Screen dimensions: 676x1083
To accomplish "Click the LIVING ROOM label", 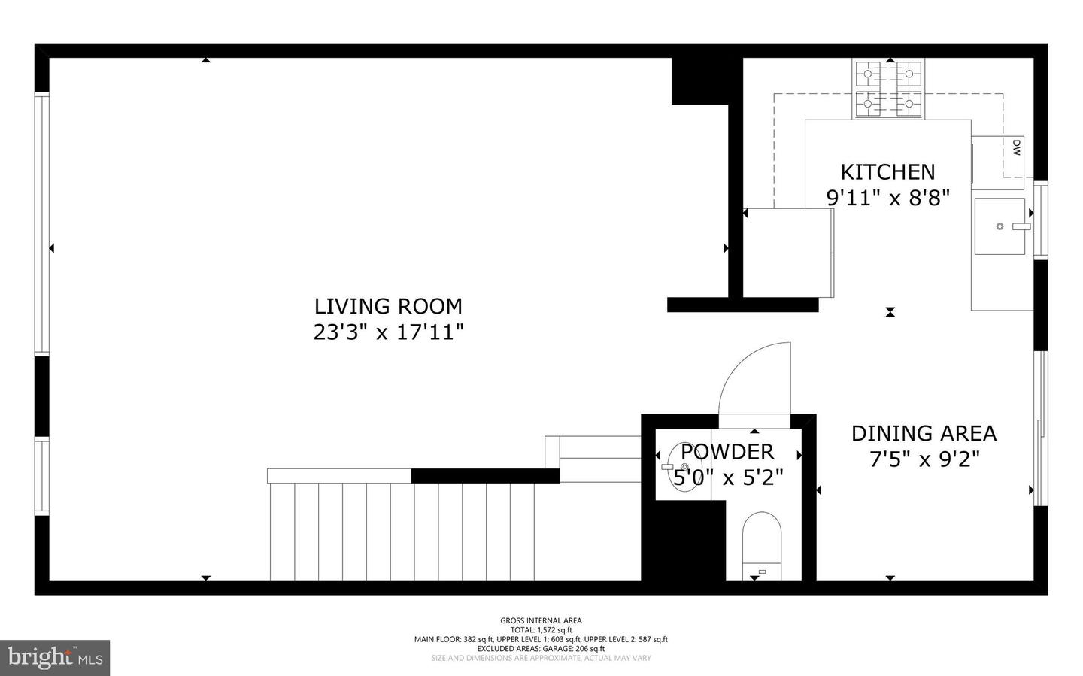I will [x=388, y=306].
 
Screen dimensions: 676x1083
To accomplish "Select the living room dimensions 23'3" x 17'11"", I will [x=388, y=332].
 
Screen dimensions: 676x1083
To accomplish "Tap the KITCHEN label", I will [x=887, y=172].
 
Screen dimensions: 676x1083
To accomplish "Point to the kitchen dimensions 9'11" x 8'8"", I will [x=887, y=198].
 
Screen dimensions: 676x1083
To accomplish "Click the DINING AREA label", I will [x=924, y=433].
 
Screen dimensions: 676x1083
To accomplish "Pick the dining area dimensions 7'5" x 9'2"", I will [x=924, y=459].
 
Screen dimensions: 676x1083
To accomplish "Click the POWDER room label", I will [x=727, y=451].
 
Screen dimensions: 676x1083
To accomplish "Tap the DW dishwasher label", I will [x=1015, y=147].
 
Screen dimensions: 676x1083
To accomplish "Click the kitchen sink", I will [x=1000, y=226].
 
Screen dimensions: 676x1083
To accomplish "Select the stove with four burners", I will [x=888, y=89].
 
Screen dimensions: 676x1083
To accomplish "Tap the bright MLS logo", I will [x=55, y=658].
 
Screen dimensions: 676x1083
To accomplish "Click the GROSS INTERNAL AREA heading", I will [x=541, y=620].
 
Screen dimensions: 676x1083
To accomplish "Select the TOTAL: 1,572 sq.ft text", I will [x=541, y=630].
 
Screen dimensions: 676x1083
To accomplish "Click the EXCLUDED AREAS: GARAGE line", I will [x=541, y=648].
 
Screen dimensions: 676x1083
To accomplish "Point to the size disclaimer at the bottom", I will [x=541, y=658].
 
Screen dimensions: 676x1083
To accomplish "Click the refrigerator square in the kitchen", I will [x=788, y=252].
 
